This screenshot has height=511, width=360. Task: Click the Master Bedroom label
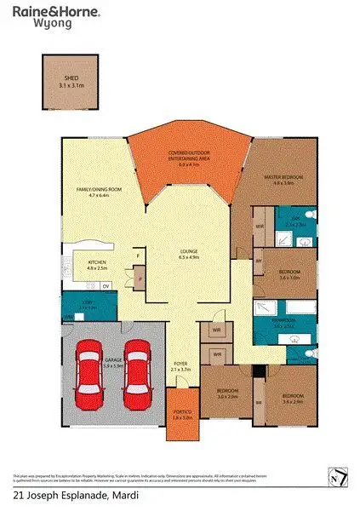pos(281,178)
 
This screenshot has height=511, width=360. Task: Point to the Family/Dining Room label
pos(99,191)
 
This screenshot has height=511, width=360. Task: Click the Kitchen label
pos(97,265)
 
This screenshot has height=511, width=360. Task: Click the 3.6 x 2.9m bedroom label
pos(293,398)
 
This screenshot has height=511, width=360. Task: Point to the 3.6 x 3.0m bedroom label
pos(290,274)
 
